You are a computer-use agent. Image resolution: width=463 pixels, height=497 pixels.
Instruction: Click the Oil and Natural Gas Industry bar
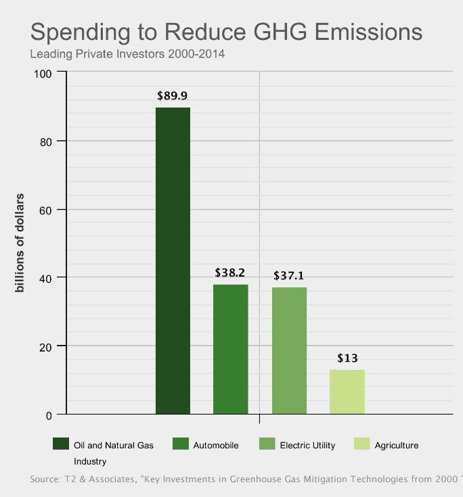(173, 260)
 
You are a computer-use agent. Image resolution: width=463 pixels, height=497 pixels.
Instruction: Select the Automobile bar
(231, 349)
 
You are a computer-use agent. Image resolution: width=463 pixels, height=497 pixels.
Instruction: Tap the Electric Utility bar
(289, 350)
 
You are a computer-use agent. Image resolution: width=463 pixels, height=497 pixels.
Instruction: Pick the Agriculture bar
(347, 392)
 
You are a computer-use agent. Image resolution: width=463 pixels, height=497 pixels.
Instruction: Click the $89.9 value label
(172, 96)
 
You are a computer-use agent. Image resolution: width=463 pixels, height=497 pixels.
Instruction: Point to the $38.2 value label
(230, 273)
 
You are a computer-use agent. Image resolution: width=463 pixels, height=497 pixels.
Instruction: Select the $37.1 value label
(289, 276)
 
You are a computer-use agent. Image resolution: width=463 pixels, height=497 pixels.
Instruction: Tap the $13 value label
(347, 358)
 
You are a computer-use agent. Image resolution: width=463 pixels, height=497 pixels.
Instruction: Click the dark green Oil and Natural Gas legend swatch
(61, 444)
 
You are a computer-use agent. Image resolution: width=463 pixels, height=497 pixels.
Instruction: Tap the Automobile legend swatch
(181, 444)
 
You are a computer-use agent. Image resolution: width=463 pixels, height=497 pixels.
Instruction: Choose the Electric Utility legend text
(307, 446)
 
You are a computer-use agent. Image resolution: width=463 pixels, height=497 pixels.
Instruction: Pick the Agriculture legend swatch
(362, 444)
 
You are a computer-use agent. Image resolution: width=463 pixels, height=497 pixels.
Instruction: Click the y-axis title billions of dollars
(20, 243)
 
